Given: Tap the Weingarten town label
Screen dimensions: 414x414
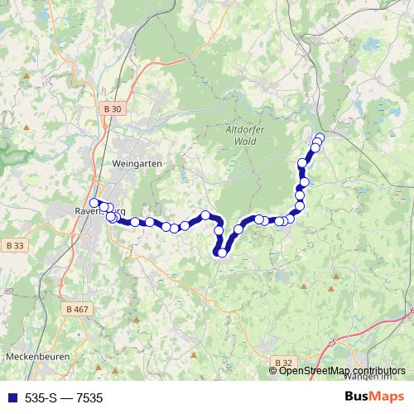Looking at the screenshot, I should point(133,163).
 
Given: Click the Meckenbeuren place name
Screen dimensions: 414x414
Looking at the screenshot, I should point(36,356).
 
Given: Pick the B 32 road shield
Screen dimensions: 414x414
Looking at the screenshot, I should point(283,362).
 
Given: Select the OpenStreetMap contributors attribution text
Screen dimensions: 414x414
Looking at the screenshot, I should point(342,370).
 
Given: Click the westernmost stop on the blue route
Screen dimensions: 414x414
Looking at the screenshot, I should point(94,203).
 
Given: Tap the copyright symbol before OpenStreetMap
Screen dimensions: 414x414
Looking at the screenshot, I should point(273,370).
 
